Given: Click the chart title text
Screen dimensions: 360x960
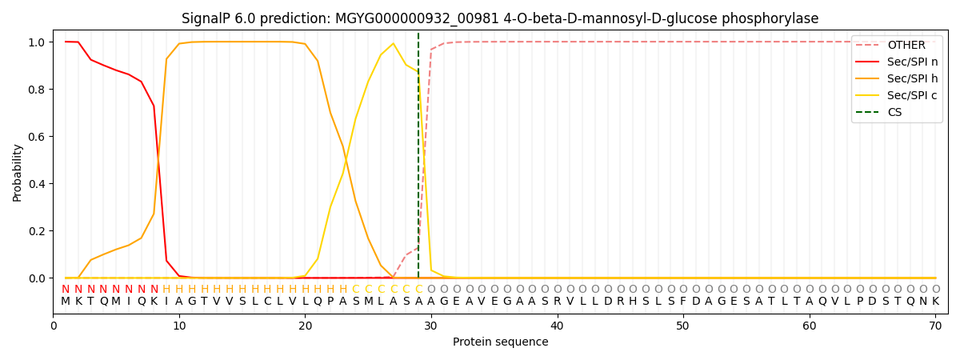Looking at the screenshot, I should (500, 18).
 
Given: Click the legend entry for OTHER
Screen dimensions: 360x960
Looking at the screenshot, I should (906, 46).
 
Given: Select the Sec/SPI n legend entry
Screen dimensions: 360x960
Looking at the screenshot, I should (912, 62).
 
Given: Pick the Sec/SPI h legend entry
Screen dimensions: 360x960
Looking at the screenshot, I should (912, 79).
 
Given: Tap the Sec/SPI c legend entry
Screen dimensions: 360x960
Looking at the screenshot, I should (912, 96).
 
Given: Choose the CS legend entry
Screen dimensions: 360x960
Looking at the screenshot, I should (894, 113).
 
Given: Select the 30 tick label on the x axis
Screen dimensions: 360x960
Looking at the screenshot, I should (431, 326).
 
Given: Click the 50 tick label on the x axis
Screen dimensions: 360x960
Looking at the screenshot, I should (682, 326).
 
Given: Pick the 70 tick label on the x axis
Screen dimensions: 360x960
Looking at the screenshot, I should (935, 326).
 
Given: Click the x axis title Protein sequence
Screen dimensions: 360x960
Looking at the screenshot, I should (500, 342).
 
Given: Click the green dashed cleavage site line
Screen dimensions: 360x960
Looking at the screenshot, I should (418, 160).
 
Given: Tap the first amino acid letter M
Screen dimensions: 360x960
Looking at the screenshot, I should (66, 302).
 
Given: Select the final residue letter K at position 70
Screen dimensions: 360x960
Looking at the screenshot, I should (935, 302).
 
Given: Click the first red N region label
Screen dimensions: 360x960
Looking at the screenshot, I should (66, 290).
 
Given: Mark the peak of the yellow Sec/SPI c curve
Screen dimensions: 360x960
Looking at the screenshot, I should (393, 44).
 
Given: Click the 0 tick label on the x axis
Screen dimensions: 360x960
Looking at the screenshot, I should (54, 326).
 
